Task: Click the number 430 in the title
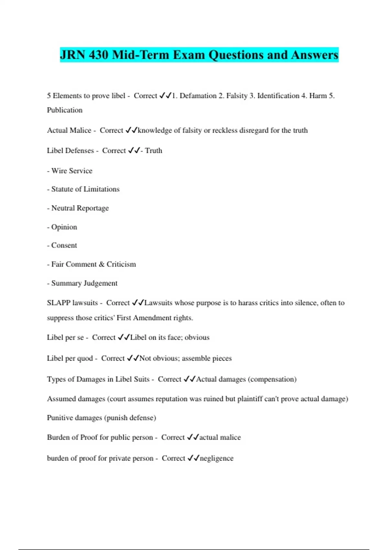(99, 55)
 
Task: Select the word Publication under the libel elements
(65, 110)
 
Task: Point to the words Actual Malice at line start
(69, 130)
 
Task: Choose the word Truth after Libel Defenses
(154, 151)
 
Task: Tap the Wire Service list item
(72, 171)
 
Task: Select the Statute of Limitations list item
(85, 189)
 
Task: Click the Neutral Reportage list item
(80, 208)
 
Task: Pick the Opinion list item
(64, 227)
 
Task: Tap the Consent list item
(64, 246)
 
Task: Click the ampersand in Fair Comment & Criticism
(102, 264)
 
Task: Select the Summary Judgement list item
(84, 283)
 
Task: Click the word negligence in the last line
(216, 458)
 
